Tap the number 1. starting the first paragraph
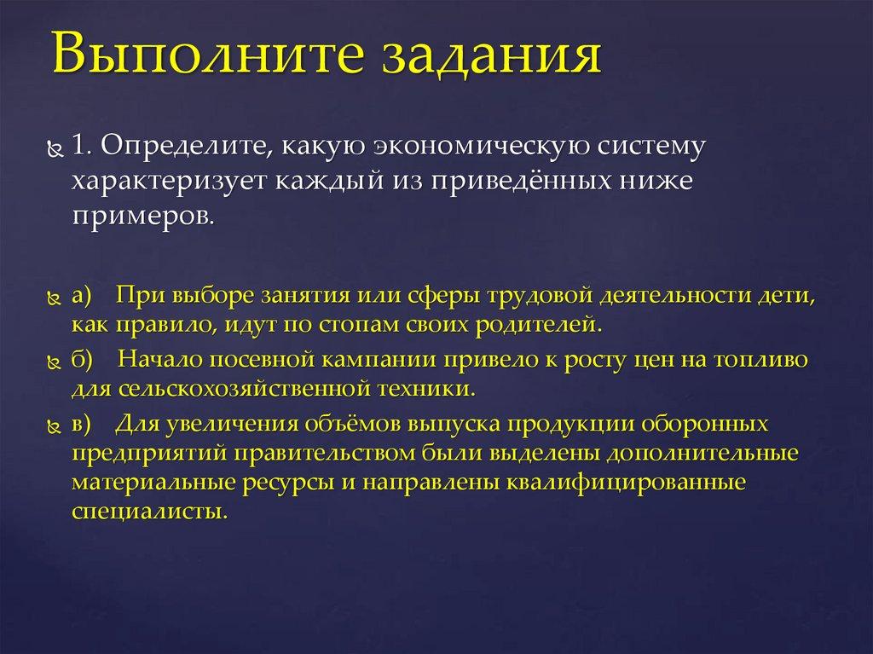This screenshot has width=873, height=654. click(x=82, y=146)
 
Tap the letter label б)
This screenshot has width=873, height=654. click(x=83, y=359)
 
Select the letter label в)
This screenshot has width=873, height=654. click(x=82, y=423)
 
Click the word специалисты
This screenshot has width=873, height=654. click(x=150, y=512)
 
